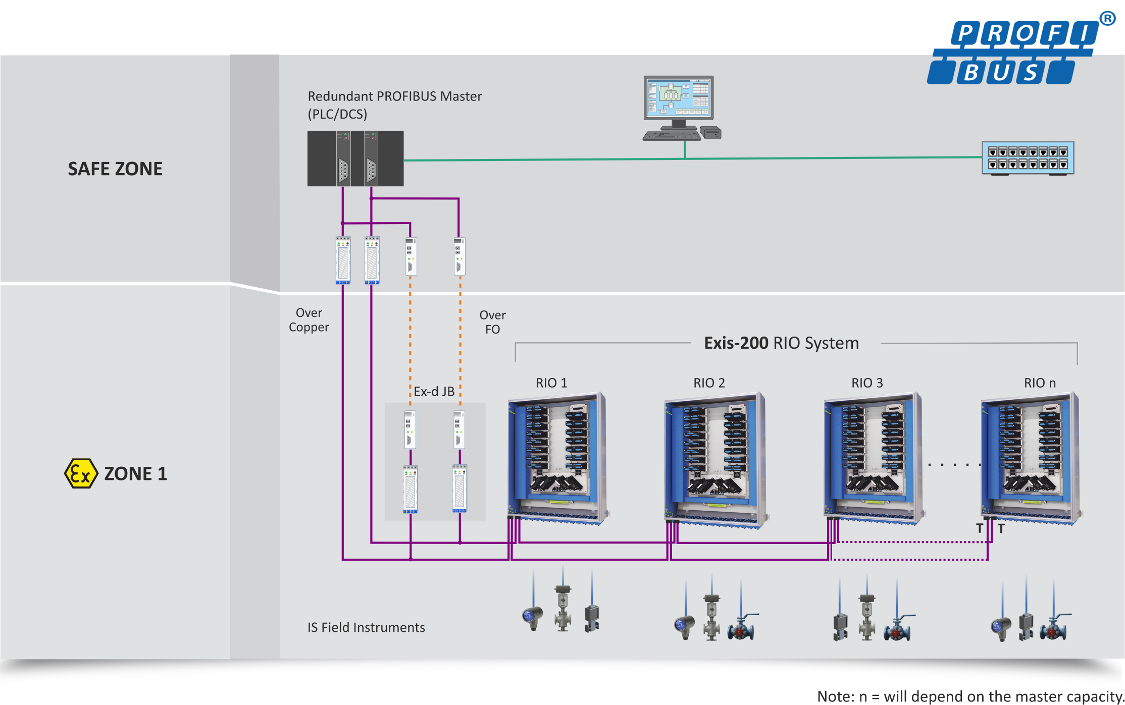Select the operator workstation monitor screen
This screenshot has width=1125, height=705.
coord(679,98)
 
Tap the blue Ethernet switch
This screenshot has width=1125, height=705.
coord(1028,158)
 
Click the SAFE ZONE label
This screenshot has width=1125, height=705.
coord(115,169)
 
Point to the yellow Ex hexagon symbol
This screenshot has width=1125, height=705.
coord(81,473)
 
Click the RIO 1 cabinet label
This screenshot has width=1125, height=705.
coord(551,383)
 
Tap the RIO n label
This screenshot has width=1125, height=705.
coord(1040,383)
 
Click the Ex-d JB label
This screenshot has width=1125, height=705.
coord(434,392)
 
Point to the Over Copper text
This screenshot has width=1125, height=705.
coord(309,320)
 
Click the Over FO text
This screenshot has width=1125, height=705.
coord(492,322)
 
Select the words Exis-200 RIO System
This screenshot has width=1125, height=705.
coord(781,343)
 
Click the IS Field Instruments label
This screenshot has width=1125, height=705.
coord(366,627)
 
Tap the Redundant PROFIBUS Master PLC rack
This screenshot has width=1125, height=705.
coord(355,158)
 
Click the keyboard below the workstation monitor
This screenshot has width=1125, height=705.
coord(672,135)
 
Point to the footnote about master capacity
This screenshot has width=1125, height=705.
coord(970,696)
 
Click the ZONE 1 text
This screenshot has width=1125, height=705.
coord(135,474)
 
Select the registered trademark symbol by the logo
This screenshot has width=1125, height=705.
coord(1107,19)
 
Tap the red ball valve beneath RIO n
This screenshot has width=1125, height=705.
coord(1054,628)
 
